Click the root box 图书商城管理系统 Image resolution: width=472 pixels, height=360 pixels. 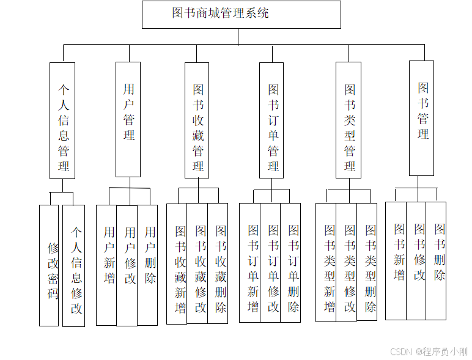241,15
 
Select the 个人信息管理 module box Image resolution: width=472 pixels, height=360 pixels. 62,120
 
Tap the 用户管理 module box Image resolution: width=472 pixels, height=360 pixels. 128,119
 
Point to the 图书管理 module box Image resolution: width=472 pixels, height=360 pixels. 422,118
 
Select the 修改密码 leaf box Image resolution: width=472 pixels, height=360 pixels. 49,265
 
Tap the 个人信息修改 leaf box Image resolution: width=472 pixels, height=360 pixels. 74,265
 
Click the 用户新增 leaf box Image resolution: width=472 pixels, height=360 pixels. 106,265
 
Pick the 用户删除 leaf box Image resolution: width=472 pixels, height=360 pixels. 147,265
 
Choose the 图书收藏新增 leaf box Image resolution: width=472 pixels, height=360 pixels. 177,263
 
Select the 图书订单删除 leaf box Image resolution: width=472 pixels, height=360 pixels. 290,263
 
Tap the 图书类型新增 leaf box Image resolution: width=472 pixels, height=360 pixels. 326,263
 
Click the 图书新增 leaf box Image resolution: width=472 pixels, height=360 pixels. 396,260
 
